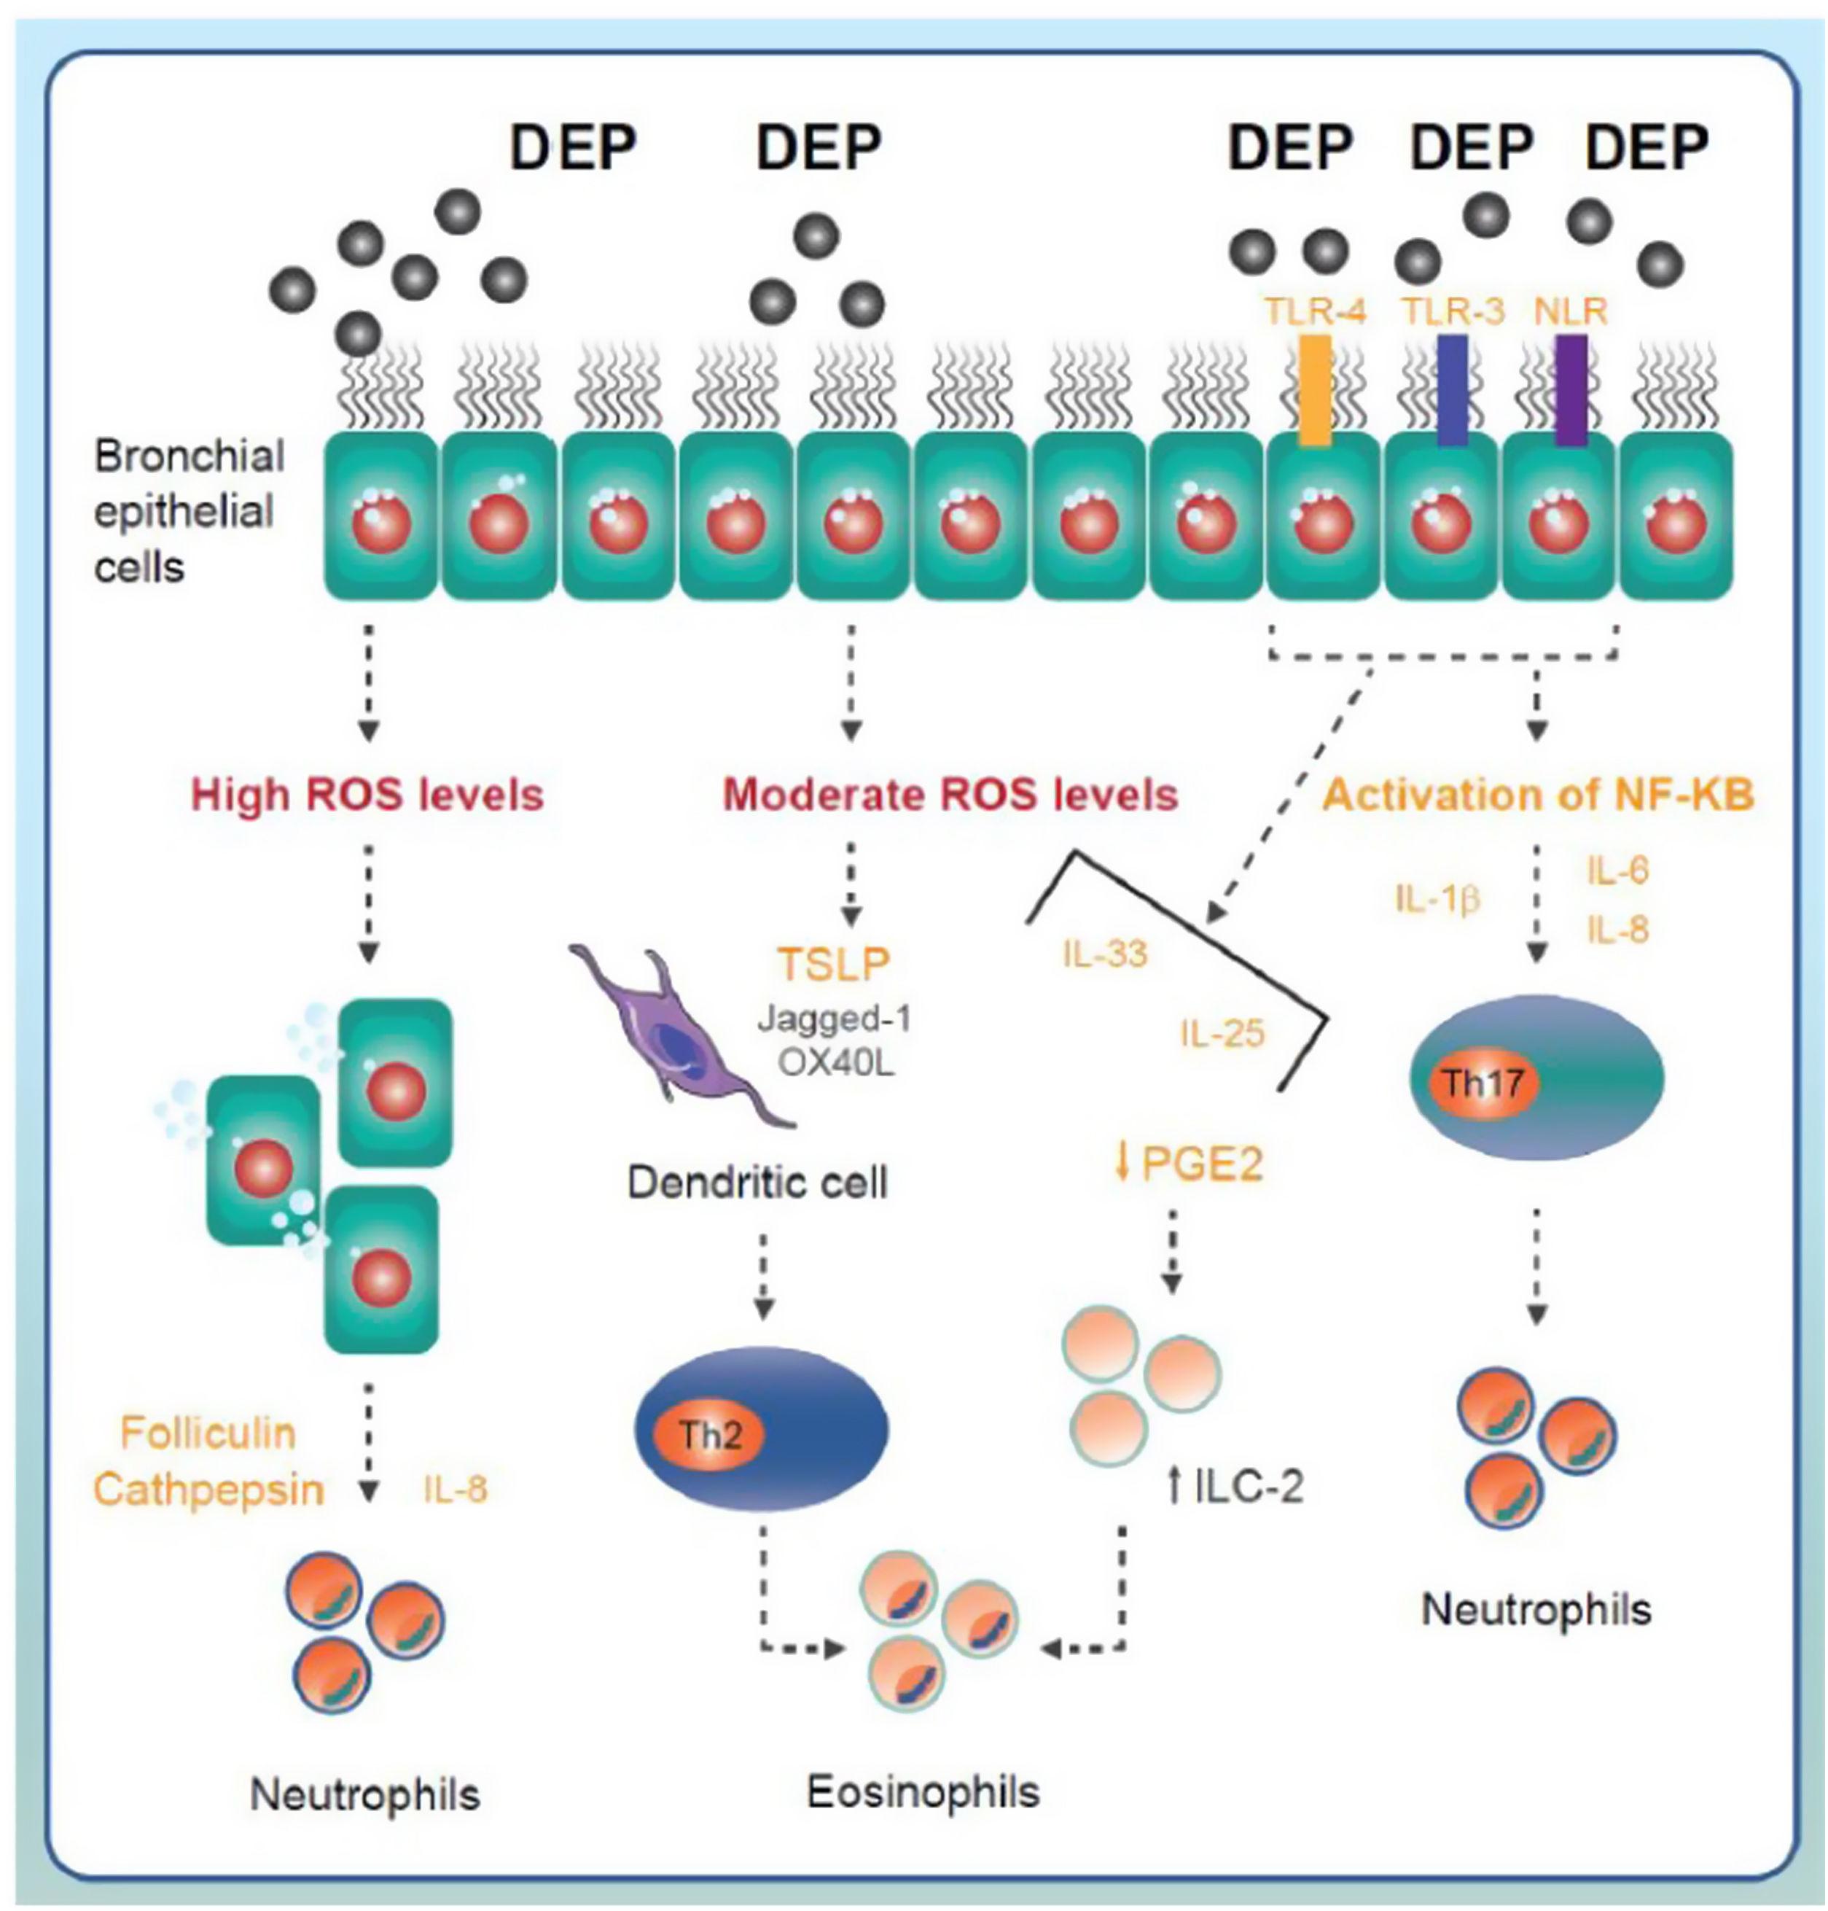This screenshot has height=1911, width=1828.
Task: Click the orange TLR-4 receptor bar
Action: tap(1316, 390)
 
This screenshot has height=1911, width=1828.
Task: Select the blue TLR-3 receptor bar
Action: tap(1452, 390)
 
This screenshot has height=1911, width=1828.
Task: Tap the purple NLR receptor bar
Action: tap(1571, 390)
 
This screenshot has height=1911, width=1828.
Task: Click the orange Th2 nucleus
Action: tap(711, 1436)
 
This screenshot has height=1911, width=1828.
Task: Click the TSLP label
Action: tap(834, 964)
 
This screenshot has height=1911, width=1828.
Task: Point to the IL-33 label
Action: tap(1105, 953)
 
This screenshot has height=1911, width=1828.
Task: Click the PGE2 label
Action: tap(1203, 1163)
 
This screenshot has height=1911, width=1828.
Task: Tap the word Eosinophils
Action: tap(923, 1791)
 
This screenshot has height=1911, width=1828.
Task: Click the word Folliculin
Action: tap(208, 1433)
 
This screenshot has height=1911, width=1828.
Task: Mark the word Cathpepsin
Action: tap(208, 1490)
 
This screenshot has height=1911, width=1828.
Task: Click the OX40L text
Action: tap(836, 1065)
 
